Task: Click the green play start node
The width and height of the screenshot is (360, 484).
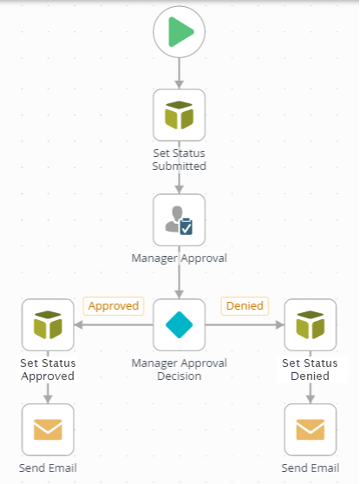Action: click(180, 33)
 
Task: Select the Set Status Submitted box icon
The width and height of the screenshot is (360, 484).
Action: click(180, 114)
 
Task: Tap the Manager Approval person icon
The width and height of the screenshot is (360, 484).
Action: click(180, 219)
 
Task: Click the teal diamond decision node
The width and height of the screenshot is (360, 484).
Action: click(180, 324)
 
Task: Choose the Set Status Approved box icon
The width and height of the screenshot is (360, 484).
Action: click(48, 324)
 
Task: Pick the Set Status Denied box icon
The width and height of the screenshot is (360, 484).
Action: click(311, 324)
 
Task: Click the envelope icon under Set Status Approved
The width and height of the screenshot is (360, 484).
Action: click(48, 429)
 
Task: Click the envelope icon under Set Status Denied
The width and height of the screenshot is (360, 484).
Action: click(311, 429)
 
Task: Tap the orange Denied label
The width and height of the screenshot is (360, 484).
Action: click(245, 305)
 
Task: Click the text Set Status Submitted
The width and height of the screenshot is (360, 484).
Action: click(180, 160)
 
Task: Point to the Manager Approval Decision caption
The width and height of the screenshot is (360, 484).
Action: click(180, 370)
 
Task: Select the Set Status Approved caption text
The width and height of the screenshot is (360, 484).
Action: click(48, 370)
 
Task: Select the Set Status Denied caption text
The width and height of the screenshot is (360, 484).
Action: click(311, 370)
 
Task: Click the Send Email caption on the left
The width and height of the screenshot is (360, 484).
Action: click(48, 468)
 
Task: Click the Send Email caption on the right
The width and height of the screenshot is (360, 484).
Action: click(311, 468)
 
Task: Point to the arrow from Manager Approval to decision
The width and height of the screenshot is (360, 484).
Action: click(180, 281)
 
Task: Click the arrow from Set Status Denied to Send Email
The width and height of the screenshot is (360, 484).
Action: click(311, 393)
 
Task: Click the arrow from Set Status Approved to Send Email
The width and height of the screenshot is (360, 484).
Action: click(48, 393)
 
